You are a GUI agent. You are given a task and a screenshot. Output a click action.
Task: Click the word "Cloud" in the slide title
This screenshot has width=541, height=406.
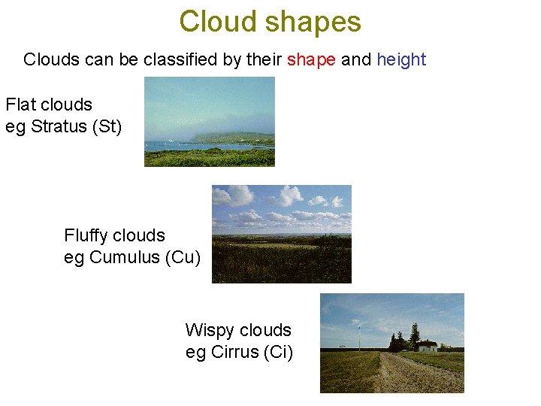pyautogui.click(x=217, y=22)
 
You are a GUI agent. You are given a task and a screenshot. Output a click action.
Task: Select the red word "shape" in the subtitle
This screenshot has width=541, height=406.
pyautogui.click(x=311, y=60)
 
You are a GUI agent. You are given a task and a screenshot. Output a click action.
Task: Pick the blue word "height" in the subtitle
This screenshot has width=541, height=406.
pyautogui.click(x=401, y=60)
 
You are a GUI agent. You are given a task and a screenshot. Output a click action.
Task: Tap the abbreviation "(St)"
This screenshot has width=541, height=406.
pyautogui.click(x=106, y=126)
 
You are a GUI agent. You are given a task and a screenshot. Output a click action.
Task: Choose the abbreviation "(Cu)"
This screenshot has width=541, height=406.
pyautogui.click(x=183, y=257)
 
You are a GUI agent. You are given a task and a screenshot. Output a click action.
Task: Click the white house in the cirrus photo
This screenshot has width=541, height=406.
pyautogui.click(x=427, y=346)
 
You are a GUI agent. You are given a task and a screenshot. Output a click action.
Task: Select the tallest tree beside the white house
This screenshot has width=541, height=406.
pyautogui.click(x=413, y=335)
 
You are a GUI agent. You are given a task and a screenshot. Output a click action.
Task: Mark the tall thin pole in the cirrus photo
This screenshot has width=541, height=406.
pyautogui.click(x=358, y=338)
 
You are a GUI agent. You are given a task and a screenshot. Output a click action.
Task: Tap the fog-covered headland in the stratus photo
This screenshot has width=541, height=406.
pyautogui.click(x=225, y=136)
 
